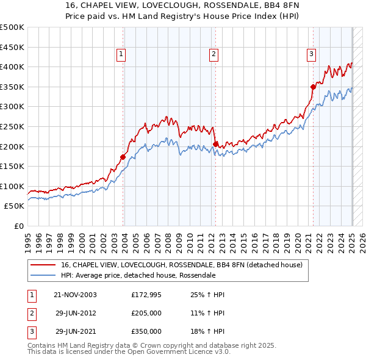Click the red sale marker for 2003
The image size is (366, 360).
[123, 157]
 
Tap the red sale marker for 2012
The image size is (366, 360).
[215, 144]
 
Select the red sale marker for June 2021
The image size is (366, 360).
[313, 87]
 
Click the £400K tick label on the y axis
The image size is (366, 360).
[12, 67]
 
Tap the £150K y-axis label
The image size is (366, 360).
[12, 166]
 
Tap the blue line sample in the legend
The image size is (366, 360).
[43, 275]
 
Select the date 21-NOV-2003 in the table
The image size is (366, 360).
[76, 295]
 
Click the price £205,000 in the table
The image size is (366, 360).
[146, 313]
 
